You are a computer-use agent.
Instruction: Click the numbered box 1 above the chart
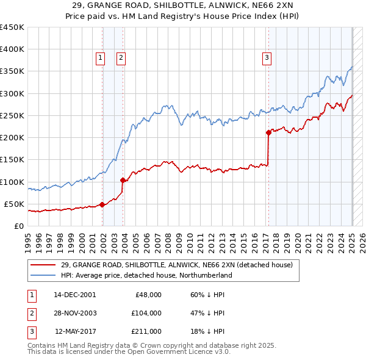coord(100,58)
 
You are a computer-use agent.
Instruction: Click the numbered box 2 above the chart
coord(121,58)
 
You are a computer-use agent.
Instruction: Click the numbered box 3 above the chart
coord(267,58)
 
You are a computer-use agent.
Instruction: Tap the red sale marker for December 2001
coord(102,204)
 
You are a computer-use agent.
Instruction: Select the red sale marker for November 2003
coord(123,180)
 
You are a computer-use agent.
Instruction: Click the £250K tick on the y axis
coord(12,115)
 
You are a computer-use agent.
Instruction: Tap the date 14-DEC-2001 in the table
coord(74,294)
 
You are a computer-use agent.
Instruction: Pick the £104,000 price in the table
coord(146,313)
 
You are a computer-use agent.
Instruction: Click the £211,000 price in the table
coord(146,331)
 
